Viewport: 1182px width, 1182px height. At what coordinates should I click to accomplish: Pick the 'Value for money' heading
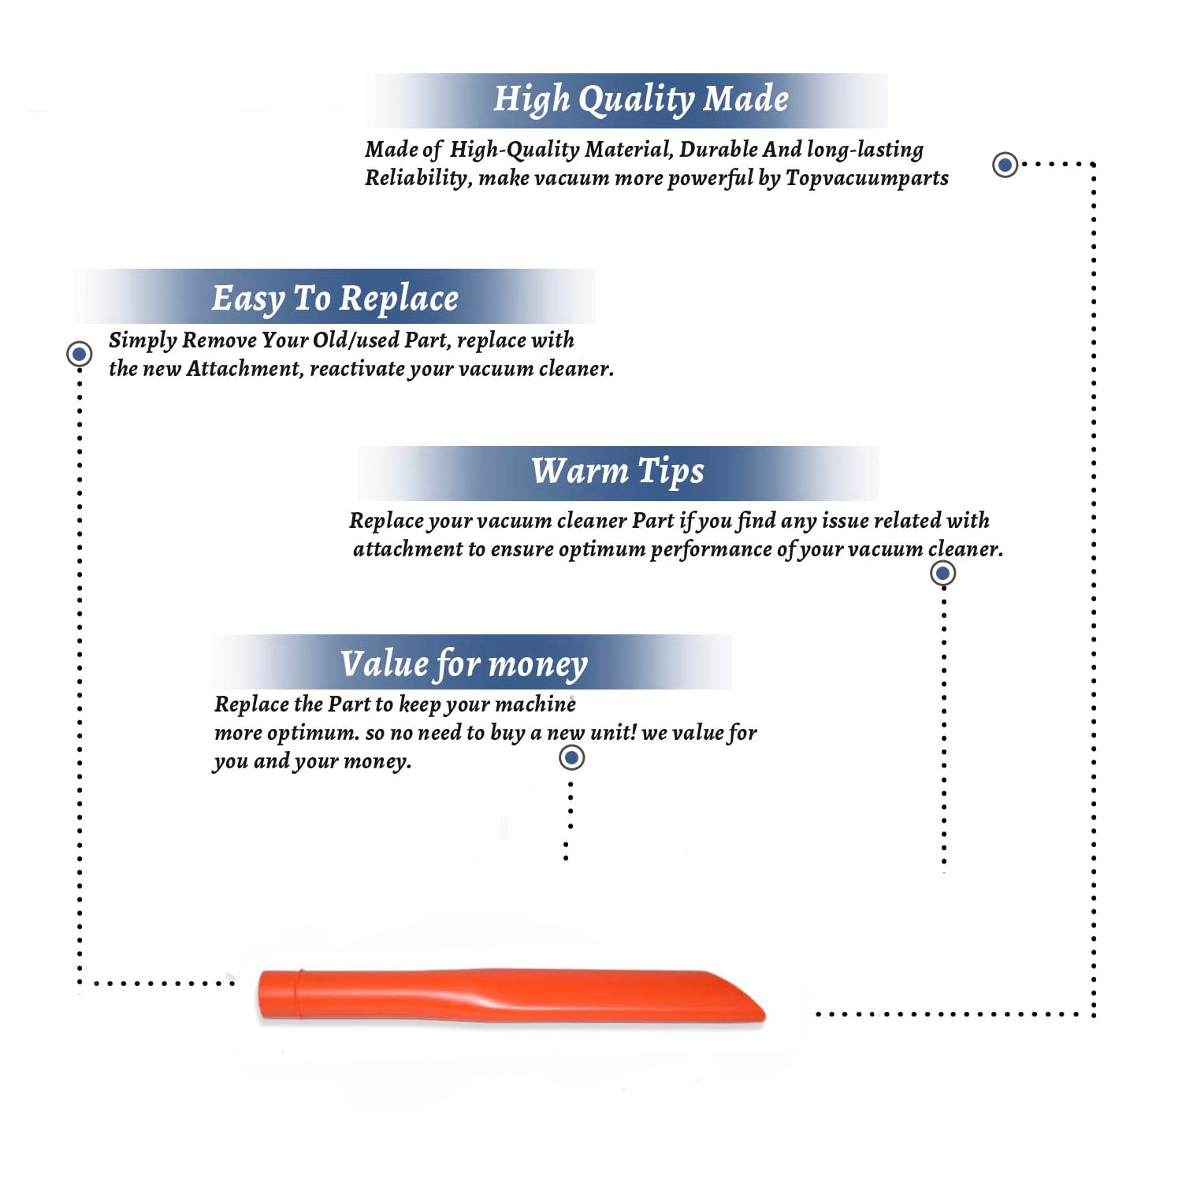coord(464,664)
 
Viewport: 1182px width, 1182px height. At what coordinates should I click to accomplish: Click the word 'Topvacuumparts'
coord(867,179)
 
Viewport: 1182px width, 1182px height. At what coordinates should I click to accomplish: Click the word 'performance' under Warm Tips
coord(711,549)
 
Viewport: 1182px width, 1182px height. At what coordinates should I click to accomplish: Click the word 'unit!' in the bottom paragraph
coord(613,732)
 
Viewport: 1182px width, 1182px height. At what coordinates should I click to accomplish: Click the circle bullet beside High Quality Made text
coord(1005,165)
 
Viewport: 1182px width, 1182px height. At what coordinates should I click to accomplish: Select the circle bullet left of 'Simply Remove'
coord(79,354)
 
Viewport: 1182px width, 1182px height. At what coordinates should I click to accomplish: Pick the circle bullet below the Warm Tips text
coord(942,573)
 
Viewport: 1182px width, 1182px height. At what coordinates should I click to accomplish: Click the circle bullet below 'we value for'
coord(571,757)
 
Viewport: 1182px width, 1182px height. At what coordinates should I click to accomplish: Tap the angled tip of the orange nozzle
coord(761,1012)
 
